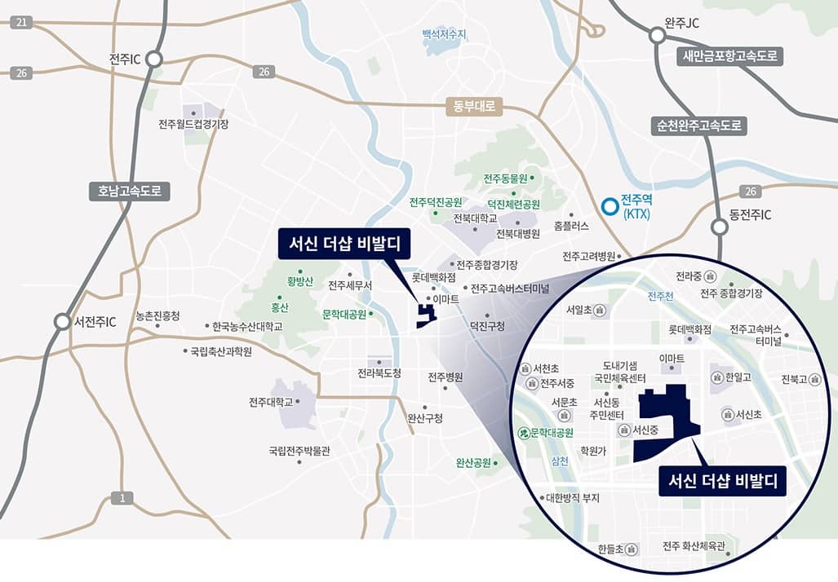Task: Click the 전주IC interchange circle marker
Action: (154, 59)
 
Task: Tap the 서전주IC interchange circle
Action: (62, 321)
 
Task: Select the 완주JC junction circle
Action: (657, 36)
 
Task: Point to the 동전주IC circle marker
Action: (719, 227)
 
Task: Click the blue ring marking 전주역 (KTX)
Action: (609, 206)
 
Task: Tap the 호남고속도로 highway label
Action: (130, 192)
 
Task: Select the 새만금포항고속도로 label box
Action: (731, 56)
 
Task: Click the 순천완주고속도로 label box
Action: (698, 126)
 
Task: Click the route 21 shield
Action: (21, 22)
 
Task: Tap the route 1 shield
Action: (122, 498)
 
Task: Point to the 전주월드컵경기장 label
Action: (194, 124)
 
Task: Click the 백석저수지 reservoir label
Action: (444, 34)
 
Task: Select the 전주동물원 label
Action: (507, 178)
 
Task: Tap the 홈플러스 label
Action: (570, 225)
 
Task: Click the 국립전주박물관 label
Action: (299, 450)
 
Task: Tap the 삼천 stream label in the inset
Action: (560, 460)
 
